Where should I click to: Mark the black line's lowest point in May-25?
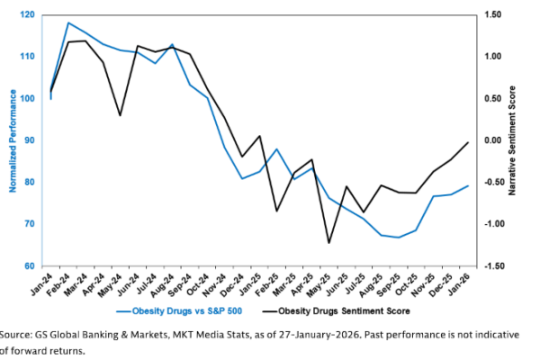tap(328, 243)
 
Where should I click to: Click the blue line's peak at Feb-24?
tap(68, 22)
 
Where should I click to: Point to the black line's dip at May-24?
tap(120, 115)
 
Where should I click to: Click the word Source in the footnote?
tap(16, 334)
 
